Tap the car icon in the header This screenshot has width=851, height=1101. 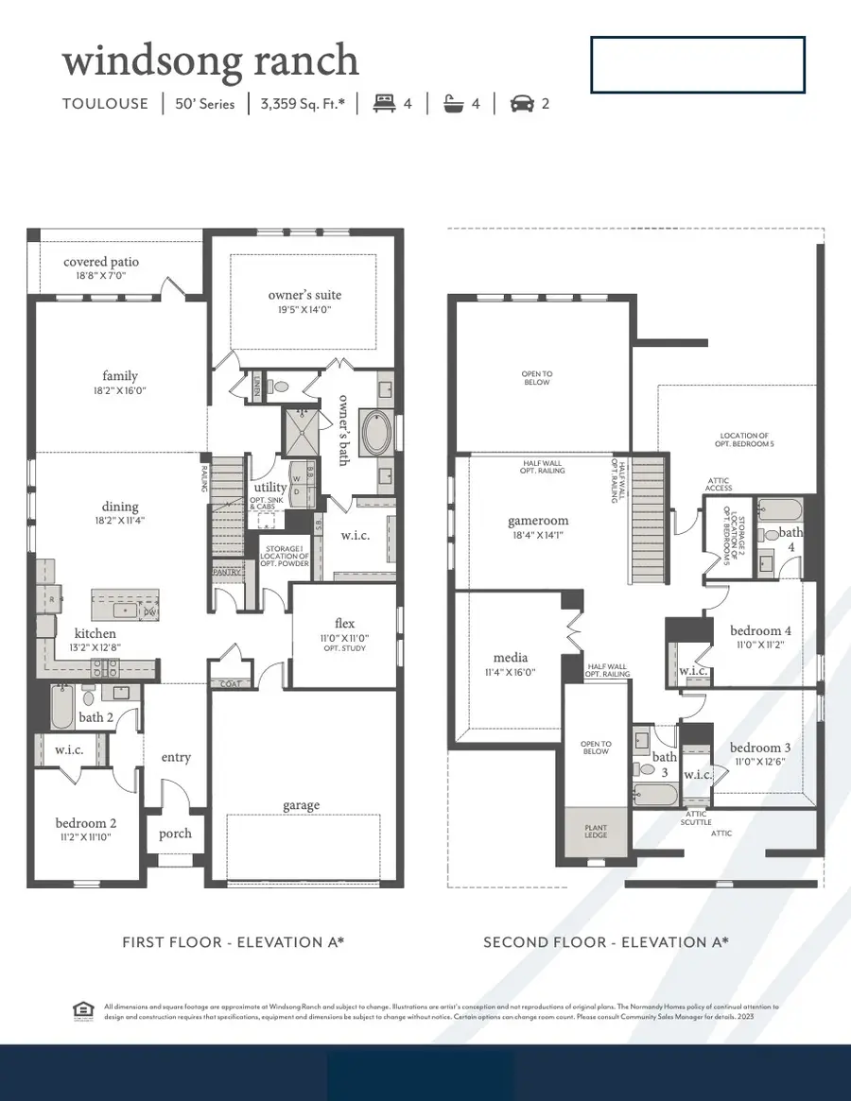tap(521, 104)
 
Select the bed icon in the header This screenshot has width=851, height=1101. tap(384, 104)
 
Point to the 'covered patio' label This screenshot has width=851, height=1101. tap(100, 262)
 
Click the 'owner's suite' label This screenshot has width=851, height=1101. tap(304, 295)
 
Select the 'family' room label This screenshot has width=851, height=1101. tap(120, 376)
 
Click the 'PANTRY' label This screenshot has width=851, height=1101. tap(228, 572)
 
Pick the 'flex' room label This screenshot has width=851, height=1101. tap(344, 623)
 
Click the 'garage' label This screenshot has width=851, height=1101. tap(302, 805)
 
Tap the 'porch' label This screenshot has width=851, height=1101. tap(175, 833)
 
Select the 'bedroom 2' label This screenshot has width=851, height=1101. tap(85, 823)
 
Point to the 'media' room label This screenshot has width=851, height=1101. tap(511, 658)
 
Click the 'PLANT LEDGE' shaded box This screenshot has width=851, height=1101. tap(596, 833)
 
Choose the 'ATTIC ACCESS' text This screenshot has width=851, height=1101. tap(718, 484)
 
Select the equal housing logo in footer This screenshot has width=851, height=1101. tap(82, 1011)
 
